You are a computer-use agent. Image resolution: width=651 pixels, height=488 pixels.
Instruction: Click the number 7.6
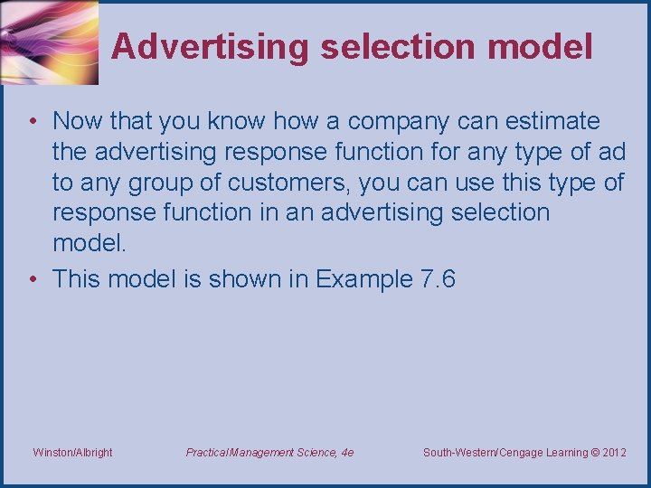[x=439, y=278]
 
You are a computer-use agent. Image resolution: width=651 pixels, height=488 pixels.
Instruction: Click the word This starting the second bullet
[x=78, y=278]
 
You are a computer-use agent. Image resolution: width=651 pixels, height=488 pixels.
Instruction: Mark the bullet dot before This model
[x=33, y=279]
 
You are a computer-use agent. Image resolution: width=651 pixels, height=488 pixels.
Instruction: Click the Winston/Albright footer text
[x=72, y=452]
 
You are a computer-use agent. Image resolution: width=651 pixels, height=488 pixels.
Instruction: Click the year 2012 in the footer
[x=613, y=452]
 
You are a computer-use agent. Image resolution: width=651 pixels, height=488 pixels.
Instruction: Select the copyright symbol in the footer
[x=593, y=452]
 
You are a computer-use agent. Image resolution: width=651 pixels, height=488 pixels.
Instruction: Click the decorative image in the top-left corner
[x=49, y=42]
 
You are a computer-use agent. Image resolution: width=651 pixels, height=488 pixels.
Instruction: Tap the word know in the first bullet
[x=238, y=121]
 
